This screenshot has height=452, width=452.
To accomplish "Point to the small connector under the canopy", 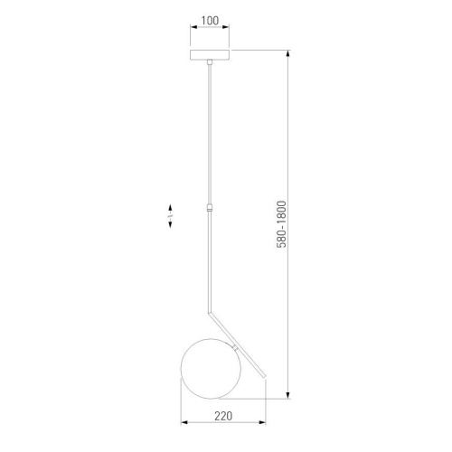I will pyautogui.click(x=209, y=63).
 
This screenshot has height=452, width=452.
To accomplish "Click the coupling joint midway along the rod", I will pyautogui.click(x=209, y=207).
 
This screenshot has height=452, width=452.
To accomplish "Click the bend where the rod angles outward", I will pyautogui.click(x=210, y=307).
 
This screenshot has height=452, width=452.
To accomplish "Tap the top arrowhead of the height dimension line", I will pyautogui.click(x=288, y=52).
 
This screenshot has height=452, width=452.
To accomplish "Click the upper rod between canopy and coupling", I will pyautogui.click(x=209, y=136).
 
